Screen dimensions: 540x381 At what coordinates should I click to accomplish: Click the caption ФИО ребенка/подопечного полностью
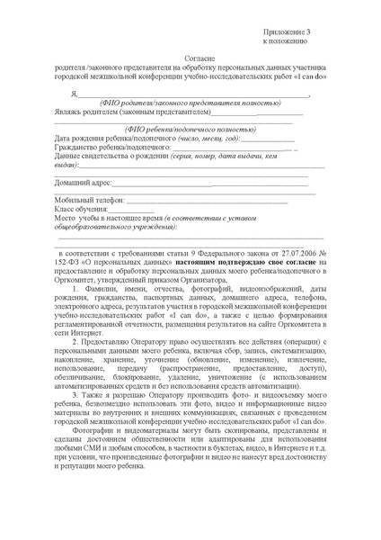tap(181, 129)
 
